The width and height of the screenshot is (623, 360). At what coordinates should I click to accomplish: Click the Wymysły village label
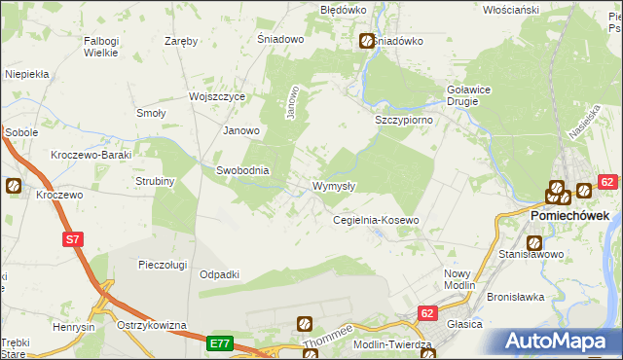click(334, 186)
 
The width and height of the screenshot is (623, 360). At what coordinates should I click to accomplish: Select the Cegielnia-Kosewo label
click(376, 221)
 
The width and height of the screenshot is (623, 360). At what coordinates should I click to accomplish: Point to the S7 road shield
click(72, 237)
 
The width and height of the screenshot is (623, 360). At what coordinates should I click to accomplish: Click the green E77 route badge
click(220, 343)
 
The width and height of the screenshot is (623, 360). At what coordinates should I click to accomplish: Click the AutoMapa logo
click(558, 341)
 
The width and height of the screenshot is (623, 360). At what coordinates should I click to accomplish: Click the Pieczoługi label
click(162, 264)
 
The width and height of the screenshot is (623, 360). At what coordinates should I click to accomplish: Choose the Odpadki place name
click(219, 275)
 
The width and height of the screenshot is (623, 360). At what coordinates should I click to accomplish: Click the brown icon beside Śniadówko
click(366, 42)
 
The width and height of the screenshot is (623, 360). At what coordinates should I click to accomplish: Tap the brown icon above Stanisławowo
click(534, 242)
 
